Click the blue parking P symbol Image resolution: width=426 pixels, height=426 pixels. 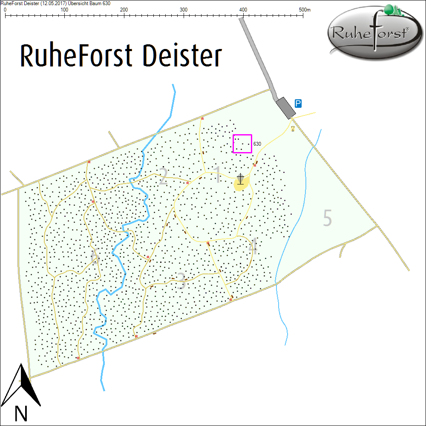(x=299, y=103)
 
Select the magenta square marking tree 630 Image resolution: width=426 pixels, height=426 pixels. (x=242, y=144)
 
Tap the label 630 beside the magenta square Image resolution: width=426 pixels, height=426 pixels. (x=257, y=144)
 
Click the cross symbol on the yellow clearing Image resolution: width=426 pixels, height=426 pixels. (x=241, y=179)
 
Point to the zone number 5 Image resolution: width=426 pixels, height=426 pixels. (x=327, y=218)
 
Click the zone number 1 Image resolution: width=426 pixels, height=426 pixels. (x=217, y=175)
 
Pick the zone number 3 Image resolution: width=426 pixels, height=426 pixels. (x=181, y=281)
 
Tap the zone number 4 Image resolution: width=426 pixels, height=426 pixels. (x=253, y=247)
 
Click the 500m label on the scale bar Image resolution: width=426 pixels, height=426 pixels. (x=305, y=9)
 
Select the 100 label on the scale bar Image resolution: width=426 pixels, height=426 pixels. (x=64, y=9)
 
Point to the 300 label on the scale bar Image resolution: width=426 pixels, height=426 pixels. (x=184, y=9)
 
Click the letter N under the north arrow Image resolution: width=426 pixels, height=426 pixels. (x=21, y=414)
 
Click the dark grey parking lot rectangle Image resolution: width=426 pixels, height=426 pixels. (x=285, y=107)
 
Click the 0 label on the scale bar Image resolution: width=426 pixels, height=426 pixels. (x=5, y=9)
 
